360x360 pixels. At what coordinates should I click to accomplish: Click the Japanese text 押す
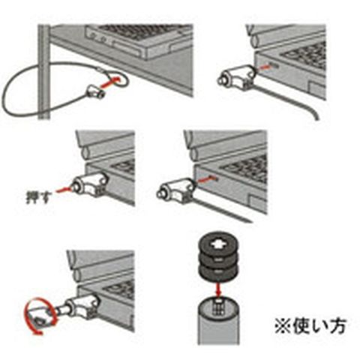click(x=37, y=196)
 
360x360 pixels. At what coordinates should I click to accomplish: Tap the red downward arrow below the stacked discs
click(x=219, y=289)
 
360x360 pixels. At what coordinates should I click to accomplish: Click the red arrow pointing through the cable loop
click(x=110, y=82)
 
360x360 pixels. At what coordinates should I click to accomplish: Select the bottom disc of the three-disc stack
click(x=218, y=272)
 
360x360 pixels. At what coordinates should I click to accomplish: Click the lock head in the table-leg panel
click(x=95, y=92)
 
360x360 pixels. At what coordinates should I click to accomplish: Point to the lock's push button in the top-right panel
click(x=222, y=80)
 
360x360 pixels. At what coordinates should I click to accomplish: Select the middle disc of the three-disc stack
click(x=218, y=259)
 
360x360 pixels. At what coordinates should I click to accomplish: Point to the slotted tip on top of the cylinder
click(x=218, y=306)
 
